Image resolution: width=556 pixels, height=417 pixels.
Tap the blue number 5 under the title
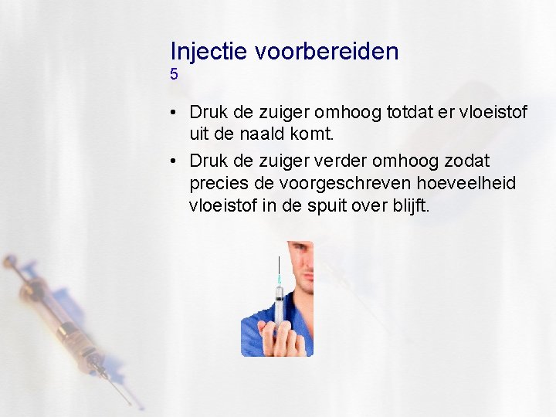click(175, 74)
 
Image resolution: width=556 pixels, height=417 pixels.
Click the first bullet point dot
click(175, 114)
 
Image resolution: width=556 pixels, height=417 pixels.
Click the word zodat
click(467, 161)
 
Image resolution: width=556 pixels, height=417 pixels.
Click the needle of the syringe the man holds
click(278, 266)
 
